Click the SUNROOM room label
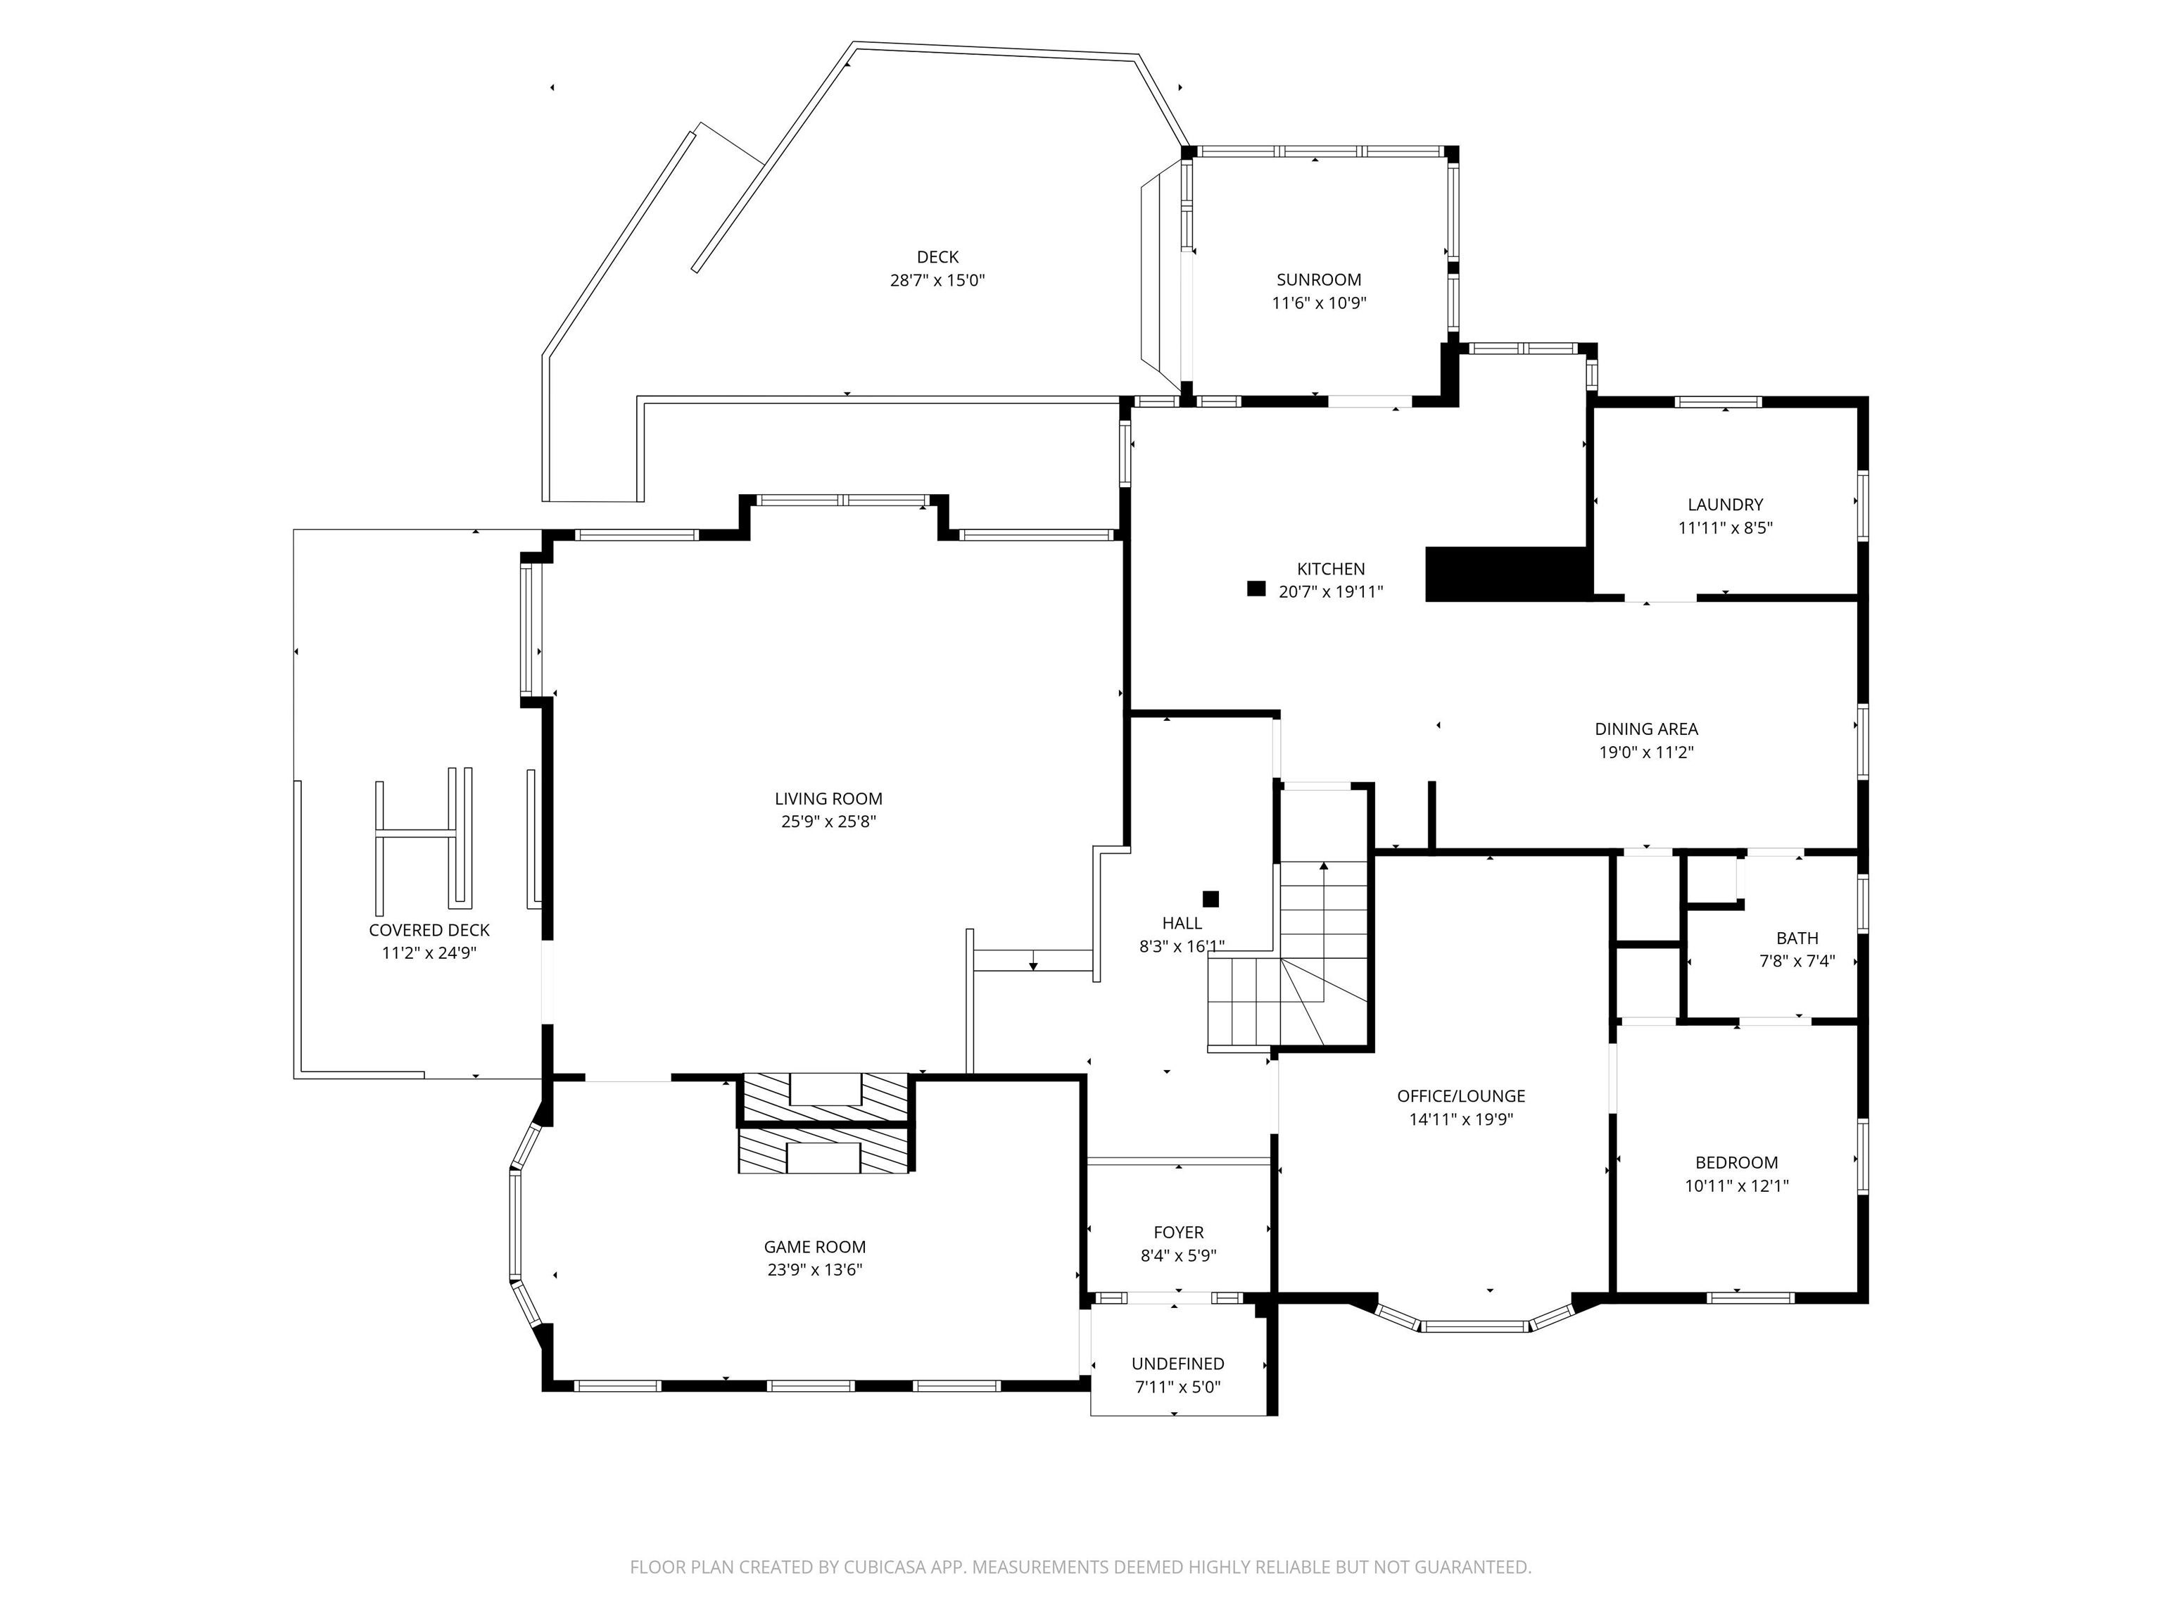coord(1318,279)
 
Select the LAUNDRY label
coord(1725,505)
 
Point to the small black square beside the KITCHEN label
coord(1256,589)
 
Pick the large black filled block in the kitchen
coord(1505,574)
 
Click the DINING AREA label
coord(1646,729)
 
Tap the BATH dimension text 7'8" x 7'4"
coord(1797,961)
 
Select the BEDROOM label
coord(1736,1162)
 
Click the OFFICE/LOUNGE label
coord(1460,1096)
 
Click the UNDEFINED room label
coord(1177,1363)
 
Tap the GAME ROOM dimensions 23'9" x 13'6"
coord(814,1270)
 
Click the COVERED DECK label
coord(429,930)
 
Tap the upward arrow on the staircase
coord(1323,866)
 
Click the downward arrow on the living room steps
coord(1032,965)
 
